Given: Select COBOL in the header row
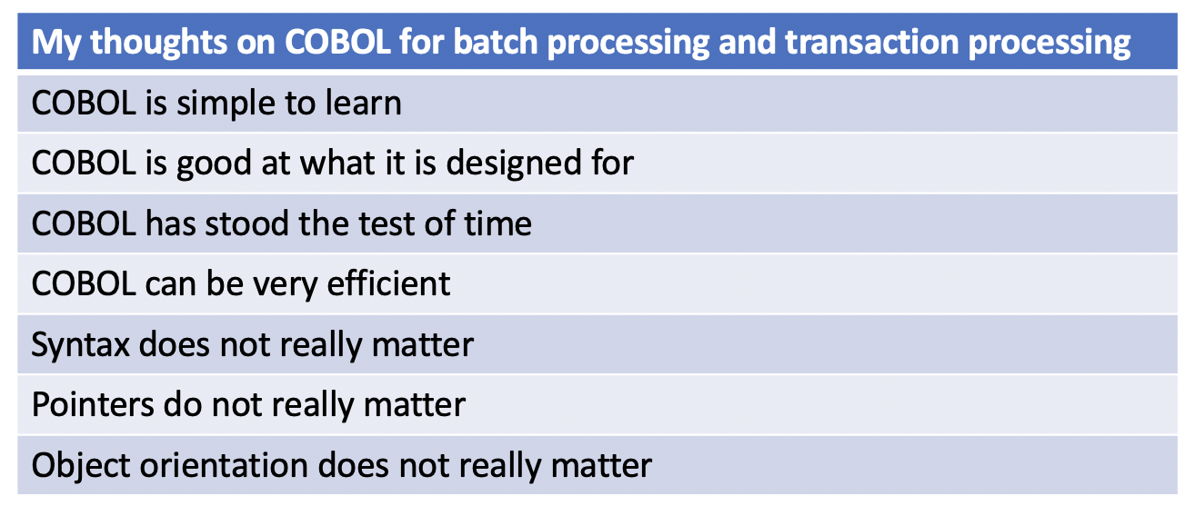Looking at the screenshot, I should coord(306,43).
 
